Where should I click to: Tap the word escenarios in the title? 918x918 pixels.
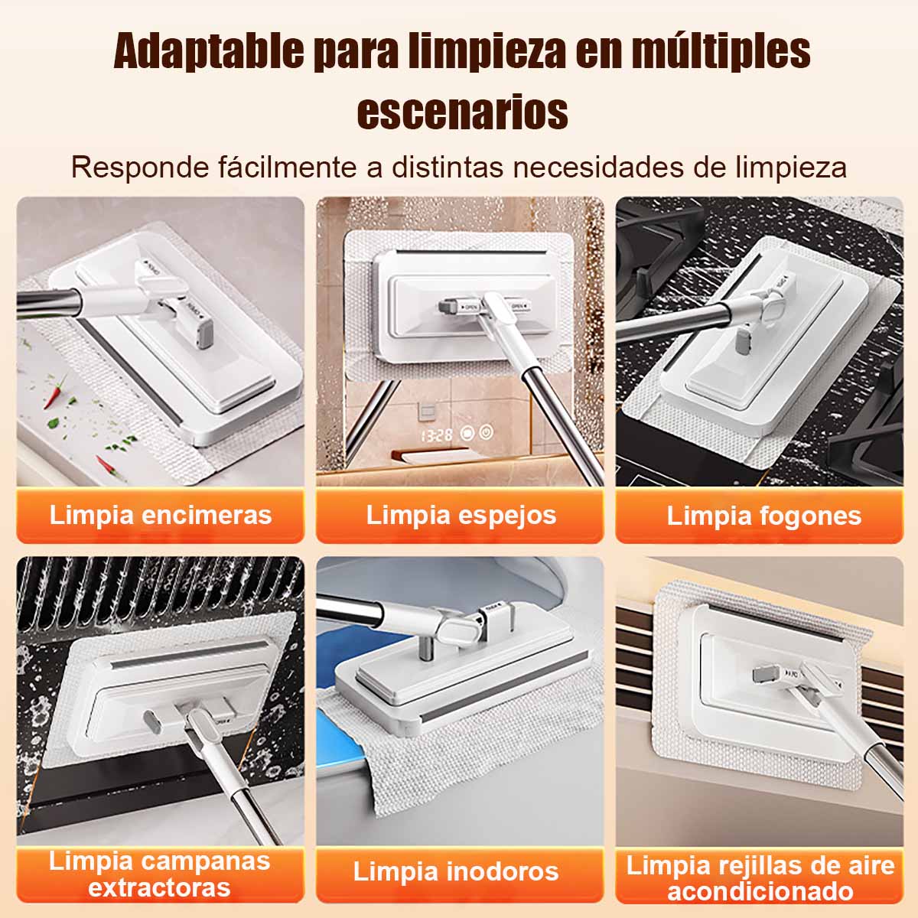(x=462, y=112)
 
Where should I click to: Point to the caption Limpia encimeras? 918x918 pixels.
(x=161, y=515)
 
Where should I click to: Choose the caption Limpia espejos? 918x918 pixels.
(x=461, y=515)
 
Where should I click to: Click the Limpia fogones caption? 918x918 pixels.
(x=763, y=516)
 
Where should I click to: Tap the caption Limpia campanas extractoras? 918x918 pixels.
(x=159, y=873)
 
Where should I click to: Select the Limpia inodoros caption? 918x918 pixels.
(x=456, y=871)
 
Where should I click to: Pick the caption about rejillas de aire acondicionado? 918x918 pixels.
(x=760, y=877)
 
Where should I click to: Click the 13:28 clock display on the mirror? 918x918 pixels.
(x=436, y=435)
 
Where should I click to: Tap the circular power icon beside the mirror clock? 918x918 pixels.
(x=487, y=432)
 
